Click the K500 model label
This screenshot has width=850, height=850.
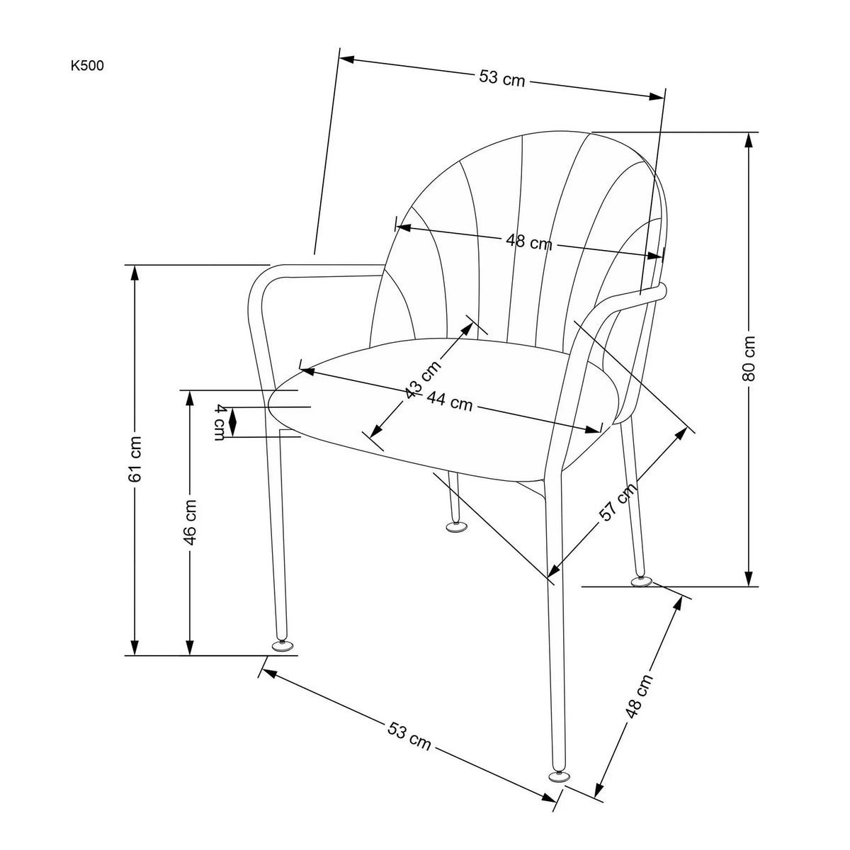[x=87, y=67]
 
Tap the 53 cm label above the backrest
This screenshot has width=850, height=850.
[x=501, y=78]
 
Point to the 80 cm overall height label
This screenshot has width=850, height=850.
[x=749, y=358]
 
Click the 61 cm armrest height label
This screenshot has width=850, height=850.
[x=135, y=459]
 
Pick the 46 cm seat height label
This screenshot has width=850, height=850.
[x=190, y=521]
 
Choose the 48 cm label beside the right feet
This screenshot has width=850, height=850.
[x=640, y=697]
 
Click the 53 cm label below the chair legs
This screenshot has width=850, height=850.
[x=409, y=736]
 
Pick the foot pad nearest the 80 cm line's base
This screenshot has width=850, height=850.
[x=642, y=582]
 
